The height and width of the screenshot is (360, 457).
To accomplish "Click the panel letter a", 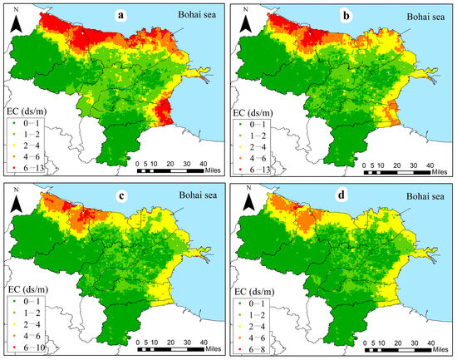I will pos(143,15).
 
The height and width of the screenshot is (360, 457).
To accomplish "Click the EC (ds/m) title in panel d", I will pos(256,274).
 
